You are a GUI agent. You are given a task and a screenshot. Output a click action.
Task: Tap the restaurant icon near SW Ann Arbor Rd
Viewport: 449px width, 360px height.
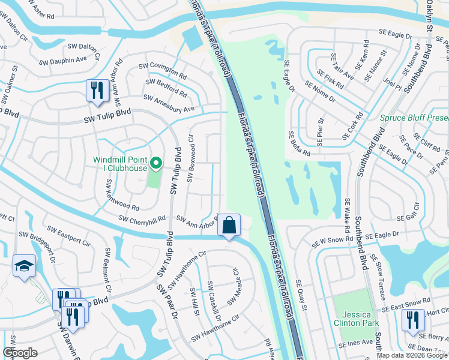(x=95, y=91)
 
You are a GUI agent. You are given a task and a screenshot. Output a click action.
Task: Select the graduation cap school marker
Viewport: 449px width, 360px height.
(x=24, y=266)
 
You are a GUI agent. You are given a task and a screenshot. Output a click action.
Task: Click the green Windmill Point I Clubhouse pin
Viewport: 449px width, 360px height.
(x=156, y=162)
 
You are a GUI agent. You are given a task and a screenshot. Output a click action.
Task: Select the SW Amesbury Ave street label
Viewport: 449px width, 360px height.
(x=169, y=103)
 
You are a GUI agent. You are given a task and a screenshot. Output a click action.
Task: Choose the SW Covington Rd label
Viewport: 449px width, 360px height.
(x=162, y=70)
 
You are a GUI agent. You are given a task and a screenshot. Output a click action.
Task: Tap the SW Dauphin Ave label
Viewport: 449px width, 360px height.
(x=63, y=60)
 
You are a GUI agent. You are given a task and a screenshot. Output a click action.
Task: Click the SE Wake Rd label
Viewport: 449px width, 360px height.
(x=347, y=216)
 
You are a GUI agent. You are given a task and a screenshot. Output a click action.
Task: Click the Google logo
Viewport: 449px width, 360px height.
(x=20, y=353)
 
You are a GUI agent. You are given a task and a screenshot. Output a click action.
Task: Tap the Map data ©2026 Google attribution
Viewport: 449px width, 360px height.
(x=412, y=355)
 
